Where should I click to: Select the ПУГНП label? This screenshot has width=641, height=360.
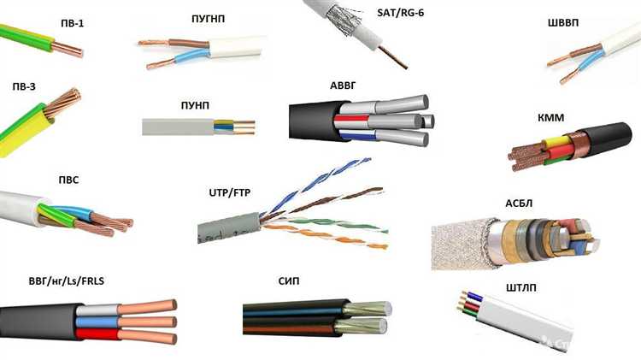210,18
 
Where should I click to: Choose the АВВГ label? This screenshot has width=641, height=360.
347,87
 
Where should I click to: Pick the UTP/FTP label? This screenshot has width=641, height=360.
231,194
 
